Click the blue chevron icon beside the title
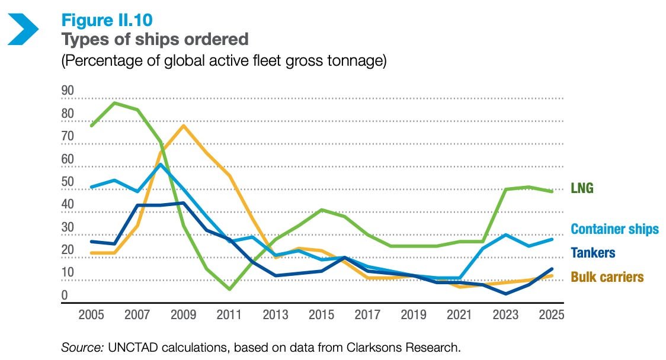pos(23,29)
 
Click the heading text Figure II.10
pos(107,20)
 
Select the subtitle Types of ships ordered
pos(155,40)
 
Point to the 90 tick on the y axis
pos(68,91)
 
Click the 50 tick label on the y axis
pos(68,182)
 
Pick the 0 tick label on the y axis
pos(65,295)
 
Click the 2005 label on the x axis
pos(92,315)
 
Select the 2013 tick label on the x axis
pos(275,315)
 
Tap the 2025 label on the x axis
pos(550,315)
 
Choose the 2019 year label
pos(413,315)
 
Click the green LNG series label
pos(582,189)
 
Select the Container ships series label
pos(614,230)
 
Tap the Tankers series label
pos(593,253)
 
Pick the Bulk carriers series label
pos(607,277)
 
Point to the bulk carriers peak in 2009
pos(184,126)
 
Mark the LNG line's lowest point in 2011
pos(229,289)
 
